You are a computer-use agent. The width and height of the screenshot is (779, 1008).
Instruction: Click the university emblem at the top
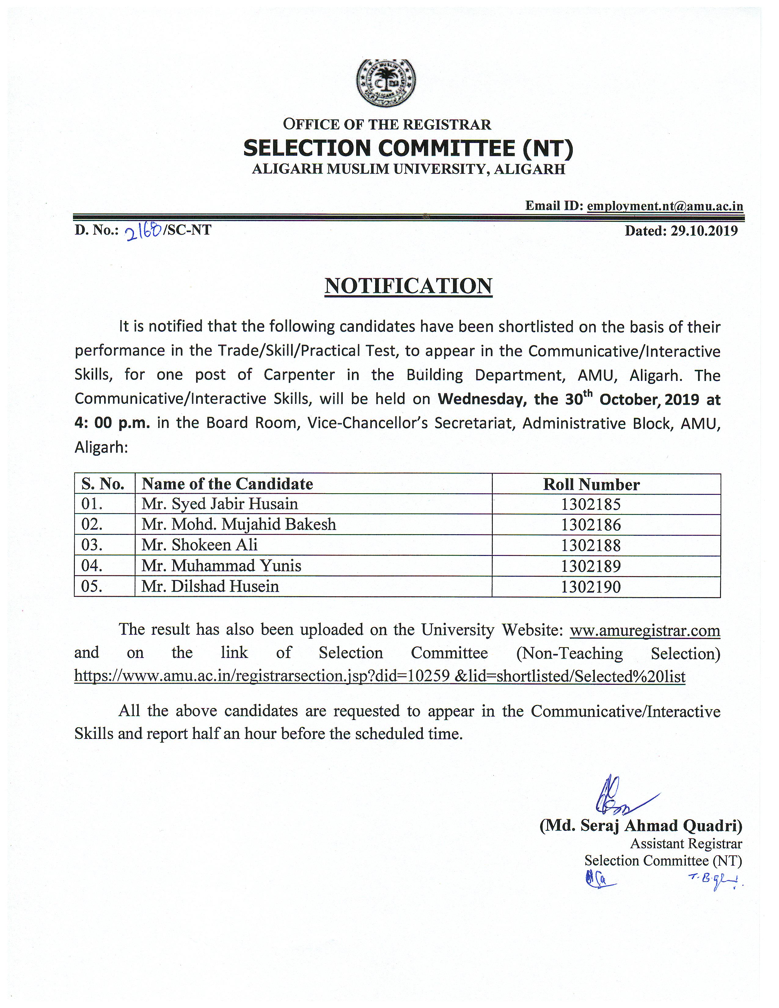click(x=386, y=83)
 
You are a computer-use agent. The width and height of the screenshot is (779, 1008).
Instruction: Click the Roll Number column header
click(x=591, y=484)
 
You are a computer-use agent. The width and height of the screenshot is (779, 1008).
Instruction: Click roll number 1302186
click(x=591, y=525)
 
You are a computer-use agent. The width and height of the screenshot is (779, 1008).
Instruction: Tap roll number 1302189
click(x=591, y=566)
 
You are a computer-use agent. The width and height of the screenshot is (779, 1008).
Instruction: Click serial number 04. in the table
click(x=92, y=566)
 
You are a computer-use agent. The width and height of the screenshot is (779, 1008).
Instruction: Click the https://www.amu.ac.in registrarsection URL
click(x=379, y=676)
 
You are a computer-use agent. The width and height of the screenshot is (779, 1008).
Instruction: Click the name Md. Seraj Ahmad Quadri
click(x=641, y=826)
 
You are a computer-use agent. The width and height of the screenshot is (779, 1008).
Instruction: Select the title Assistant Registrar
click(x=686, y=844)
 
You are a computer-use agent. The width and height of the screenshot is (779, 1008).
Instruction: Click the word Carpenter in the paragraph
click(x=299, y=375)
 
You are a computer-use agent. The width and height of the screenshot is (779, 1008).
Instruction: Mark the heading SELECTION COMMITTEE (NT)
click(x=408, y=148)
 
